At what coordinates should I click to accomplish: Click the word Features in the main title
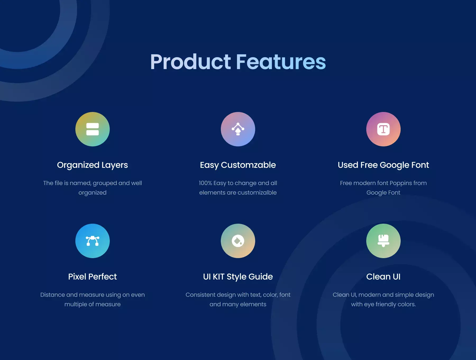point(281,62)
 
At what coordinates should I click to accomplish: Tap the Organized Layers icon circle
point(93,129)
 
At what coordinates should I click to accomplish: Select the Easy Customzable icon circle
point(238,129)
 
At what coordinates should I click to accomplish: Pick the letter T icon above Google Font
point(383,129)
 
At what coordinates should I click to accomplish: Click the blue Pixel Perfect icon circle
point(93,241)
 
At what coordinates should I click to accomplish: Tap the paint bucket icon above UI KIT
point(238,241)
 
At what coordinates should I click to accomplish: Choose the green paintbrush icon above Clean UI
point(383,241)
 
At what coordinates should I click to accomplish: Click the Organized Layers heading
point(93,165)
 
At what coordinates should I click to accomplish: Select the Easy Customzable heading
point(238,165)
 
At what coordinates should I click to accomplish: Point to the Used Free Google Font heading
point(383,165)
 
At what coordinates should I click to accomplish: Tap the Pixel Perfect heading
point(93,277)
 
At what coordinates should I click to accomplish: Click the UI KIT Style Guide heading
point(238,277)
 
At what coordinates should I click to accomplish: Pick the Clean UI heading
point(383,277)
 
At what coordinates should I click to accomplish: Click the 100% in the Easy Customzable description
point(205,183)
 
